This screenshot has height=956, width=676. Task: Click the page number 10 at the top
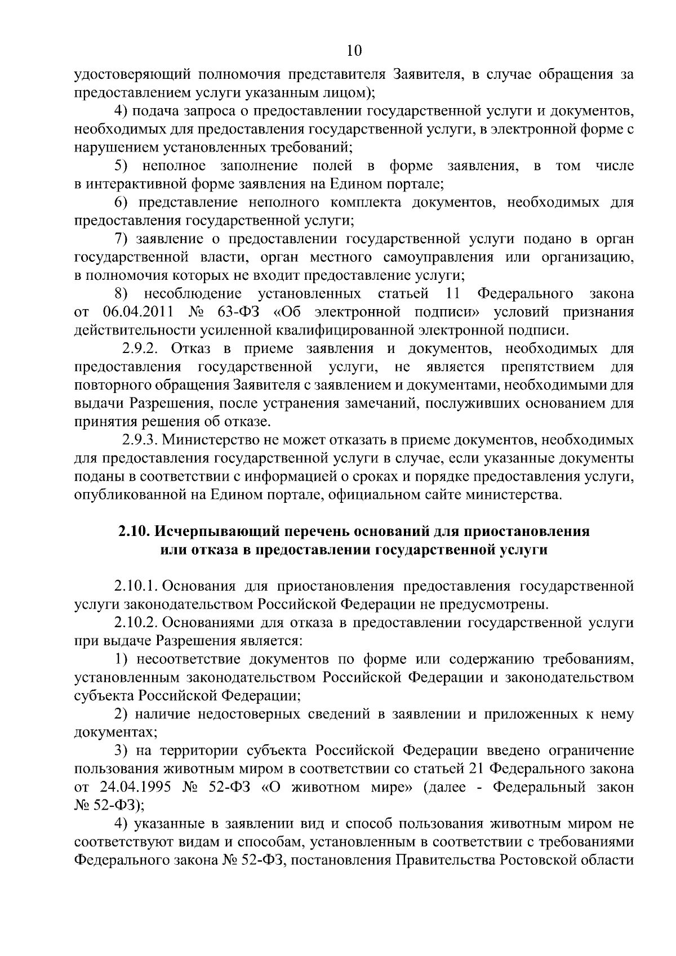(x=354, y=51)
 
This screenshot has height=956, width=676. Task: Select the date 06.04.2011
(x=137, y=312)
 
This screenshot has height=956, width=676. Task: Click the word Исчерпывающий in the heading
(x=214, y=531)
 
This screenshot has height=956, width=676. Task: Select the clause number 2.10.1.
(x=135, y=586)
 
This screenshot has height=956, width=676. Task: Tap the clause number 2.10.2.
(x=135, y=623)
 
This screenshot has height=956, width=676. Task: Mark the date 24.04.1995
(x=137, y=787)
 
